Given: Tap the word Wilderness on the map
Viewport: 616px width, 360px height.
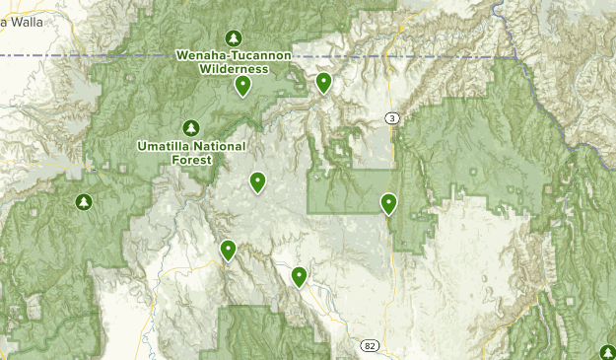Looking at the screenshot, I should (234, 69).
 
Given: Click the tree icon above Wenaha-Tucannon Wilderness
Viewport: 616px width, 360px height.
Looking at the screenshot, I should (234, 37).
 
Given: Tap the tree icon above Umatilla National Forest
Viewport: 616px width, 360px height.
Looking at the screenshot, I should (191, 127).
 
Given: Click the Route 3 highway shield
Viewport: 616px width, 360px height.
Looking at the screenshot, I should (392, 118).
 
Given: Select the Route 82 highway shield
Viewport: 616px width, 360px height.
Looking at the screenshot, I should (370, 346).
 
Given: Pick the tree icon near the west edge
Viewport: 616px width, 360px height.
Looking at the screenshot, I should (84, 202).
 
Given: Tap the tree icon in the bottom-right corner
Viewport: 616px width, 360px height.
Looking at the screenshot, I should (607, 352).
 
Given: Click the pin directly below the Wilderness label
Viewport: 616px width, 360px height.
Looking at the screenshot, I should (243, 86).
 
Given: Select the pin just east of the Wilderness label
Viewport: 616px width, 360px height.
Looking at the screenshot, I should (323, 83).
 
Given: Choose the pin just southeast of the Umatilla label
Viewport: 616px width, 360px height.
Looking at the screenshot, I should (257, 181).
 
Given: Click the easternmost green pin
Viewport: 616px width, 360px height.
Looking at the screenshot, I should (389, 203).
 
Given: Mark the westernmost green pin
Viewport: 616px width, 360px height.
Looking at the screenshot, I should (228, 251).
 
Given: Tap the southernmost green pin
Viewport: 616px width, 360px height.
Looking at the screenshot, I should (299, 276).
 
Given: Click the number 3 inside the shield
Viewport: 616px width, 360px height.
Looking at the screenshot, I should (392, 118).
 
